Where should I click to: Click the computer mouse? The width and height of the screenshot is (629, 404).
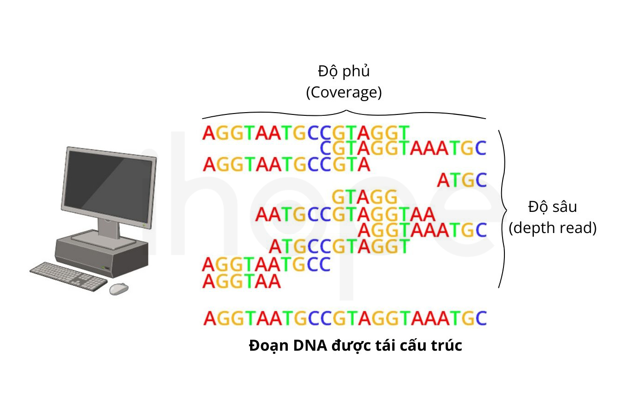(119, 289)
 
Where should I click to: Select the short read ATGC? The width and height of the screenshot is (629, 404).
(462, 180)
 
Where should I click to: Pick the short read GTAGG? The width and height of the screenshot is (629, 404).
(365, 197)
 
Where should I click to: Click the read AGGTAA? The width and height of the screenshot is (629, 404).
(241, 281)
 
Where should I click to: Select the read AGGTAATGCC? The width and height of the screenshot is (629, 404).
(266, 264)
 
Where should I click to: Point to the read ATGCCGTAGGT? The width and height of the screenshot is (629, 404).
(339, 246)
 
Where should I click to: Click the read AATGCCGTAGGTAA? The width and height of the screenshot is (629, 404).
(345, 215)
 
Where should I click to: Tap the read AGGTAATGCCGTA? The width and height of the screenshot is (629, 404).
(286, 164)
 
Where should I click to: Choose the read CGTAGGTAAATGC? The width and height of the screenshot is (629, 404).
(403, 148)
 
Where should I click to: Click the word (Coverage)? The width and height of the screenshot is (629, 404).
(344, 92)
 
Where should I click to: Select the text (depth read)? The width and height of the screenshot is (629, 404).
(553, 228)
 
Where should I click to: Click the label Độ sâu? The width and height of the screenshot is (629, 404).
(553, 207)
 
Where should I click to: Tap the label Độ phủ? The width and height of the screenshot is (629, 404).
(344, 71)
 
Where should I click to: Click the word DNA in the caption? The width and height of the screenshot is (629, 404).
(310, 345)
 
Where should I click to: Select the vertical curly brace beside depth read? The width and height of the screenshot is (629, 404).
(503, 209)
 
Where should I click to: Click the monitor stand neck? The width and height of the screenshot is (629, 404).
(109, 228)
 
